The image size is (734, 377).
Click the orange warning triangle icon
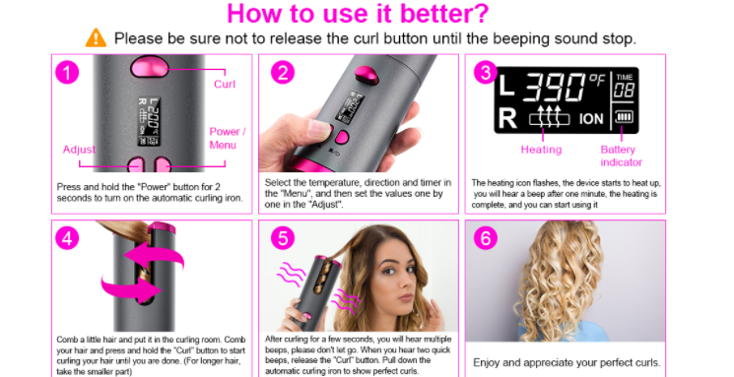pos(96,37)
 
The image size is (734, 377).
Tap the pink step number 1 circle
pos(67,73)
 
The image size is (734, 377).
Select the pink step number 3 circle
pos(486,73)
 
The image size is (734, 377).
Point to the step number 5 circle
pos(283,238)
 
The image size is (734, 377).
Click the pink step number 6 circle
pos(486,238)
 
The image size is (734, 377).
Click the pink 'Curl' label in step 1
pos(225,85)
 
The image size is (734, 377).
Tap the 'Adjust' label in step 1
pos(79,150)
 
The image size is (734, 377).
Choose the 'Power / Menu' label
pos(227,138)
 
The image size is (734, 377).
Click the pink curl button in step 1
pos(150,67)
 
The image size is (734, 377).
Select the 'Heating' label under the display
pos(541,150)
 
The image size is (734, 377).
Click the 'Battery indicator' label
pos(621,156)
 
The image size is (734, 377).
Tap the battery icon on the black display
pos(624,116)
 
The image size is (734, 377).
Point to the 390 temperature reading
pos(554,88)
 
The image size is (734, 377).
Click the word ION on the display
pos(591,119)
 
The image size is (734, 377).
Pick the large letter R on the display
pos(507,118)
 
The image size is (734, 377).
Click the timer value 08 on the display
pos(624,91)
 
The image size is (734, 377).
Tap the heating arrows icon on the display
pos(549,117)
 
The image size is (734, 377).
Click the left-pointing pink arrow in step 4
pos(155,257)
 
